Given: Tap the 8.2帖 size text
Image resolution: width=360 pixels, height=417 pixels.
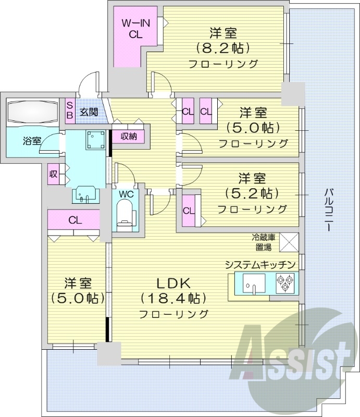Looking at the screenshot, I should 224,48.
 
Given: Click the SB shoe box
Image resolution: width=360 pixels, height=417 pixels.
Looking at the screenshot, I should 69,111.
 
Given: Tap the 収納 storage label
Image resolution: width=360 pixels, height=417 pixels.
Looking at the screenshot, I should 130,136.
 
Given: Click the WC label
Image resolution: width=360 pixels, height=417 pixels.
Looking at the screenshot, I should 126,193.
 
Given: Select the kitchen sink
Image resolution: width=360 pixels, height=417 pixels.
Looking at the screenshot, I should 254,284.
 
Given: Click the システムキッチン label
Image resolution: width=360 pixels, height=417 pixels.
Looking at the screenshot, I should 260,264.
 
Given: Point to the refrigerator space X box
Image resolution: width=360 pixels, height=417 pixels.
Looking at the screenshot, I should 289,241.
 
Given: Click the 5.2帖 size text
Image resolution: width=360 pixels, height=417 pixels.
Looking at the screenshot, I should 249,193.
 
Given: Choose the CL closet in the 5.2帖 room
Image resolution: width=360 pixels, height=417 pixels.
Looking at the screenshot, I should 188,211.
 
